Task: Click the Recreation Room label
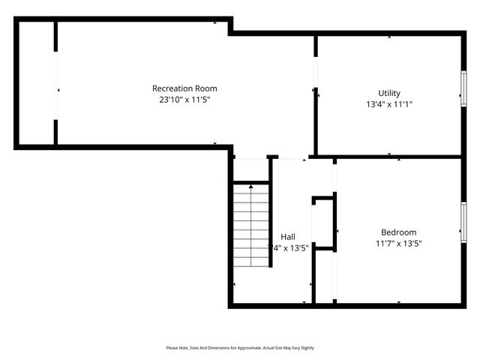point(184,88)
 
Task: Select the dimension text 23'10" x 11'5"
point(184,99)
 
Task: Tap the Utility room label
point(389,94)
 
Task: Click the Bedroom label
point(398,232)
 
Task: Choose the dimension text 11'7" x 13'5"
point(399,243)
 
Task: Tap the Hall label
point(288,236)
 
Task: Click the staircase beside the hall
point(250,225)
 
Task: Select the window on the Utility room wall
point(463,88)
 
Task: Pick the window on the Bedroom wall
point(463,229)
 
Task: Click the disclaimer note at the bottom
point(240,348)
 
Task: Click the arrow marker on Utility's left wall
point(320,95)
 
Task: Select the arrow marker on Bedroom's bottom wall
point(398,302)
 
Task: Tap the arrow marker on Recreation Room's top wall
point(216,22)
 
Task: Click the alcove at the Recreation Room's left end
point(36,82)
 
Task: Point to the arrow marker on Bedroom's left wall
point(338,230)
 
